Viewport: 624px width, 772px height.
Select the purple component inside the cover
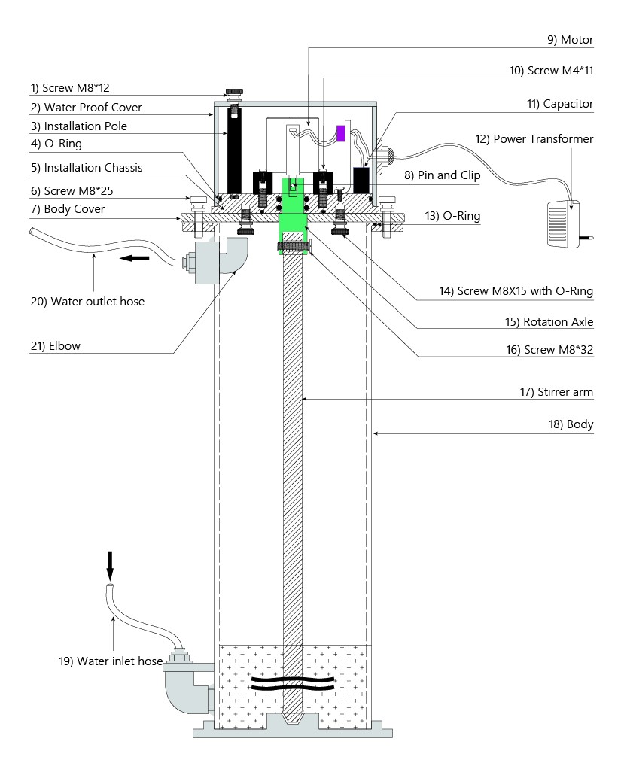point(340,134)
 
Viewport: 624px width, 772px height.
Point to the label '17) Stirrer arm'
point(561,392)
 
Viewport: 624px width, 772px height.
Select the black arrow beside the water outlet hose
point(135,258)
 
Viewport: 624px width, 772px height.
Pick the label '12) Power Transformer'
point(543,138)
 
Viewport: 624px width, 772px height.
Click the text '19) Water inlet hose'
point(111,661)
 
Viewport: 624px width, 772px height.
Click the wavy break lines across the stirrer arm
point(292,683)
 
